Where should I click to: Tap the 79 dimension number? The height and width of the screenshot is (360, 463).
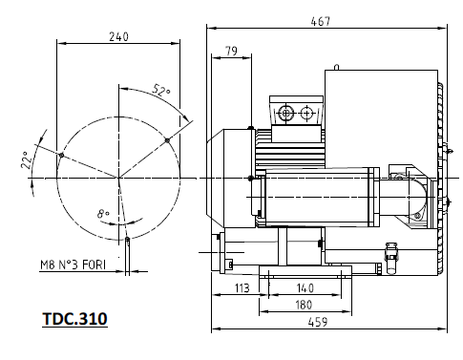230,50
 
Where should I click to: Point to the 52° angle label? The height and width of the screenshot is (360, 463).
161,92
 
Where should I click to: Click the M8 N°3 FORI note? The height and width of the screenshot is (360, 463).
73,265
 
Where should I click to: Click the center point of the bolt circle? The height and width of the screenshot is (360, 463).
119,179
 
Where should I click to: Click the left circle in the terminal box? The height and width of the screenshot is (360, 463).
286,115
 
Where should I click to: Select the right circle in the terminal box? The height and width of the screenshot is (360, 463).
305,115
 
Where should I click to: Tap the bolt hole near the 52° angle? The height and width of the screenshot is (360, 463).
167,140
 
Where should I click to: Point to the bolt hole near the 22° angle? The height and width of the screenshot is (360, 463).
60,155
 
